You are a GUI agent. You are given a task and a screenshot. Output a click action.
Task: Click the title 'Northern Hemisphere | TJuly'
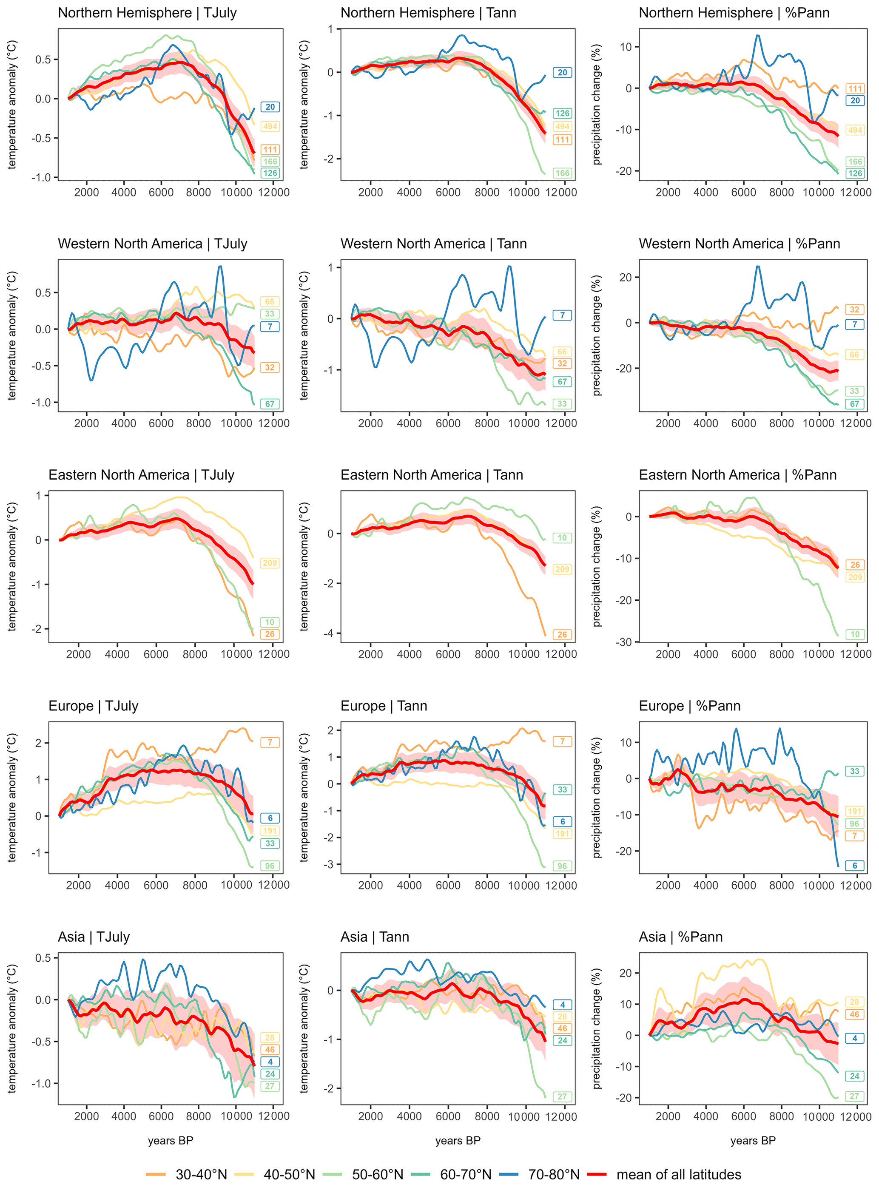148,13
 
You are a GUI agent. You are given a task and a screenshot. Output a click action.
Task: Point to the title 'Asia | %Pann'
680,937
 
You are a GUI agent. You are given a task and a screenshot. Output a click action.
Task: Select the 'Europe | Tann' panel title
384,706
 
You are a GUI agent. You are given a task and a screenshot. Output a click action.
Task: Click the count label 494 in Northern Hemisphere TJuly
270,126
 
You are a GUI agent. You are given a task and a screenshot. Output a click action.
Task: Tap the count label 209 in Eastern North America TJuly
270,562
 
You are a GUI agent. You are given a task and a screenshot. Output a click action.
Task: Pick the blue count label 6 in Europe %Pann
854,865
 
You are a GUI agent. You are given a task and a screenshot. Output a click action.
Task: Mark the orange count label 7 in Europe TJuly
270,742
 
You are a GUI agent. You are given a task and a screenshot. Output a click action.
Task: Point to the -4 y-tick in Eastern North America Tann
330,633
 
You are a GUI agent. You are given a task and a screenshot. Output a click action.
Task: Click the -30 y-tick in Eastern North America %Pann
624,642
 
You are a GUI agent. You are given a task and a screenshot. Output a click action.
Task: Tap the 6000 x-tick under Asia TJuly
161,1116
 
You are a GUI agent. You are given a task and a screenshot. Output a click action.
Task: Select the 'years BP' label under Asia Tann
458,1140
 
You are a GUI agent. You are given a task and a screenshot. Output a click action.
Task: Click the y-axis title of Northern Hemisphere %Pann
597,104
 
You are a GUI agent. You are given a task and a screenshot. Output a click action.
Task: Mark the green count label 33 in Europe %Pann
854,771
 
